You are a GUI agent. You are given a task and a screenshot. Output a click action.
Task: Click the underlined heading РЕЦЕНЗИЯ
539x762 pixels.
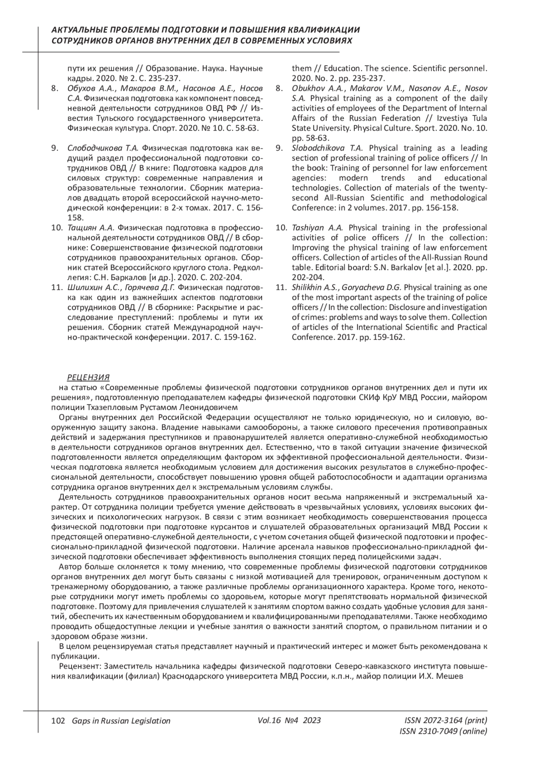click(x=88, y=377)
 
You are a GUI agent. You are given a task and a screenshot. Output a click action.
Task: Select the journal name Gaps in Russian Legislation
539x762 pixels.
click(x=118, y=721)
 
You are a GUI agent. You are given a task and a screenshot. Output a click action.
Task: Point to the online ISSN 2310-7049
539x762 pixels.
click(x=443, y=731)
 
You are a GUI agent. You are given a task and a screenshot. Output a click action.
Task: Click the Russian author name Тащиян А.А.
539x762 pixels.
click(x=91, y=228)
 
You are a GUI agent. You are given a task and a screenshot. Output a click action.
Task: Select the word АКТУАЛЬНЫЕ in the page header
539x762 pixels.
click(x=79, y=30)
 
